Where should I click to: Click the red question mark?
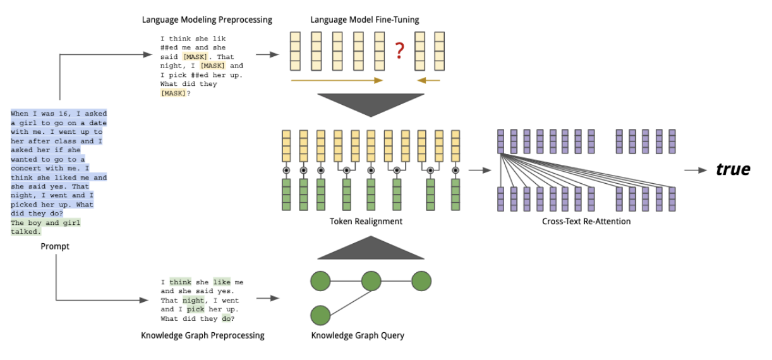tap(399, 51)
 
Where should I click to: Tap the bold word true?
tap(733, 169)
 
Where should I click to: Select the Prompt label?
tap(55, 246)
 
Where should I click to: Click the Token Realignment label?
tap(366, 221)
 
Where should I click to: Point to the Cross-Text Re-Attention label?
tap(586, 221)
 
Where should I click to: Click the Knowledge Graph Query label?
tap(358, 335)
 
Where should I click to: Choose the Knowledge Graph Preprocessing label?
tap(203, 335)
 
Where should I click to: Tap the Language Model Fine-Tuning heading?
tap(365, 20)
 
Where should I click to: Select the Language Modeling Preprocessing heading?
tap(207, 20)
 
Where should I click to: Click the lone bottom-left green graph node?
tap(320, 315)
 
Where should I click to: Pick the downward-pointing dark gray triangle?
tap(371, 105)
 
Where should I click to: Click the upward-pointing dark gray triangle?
tap(371, 248)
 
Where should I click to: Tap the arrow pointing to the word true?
tap(696, 170)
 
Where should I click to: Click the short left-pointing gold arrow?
tap(428, 80)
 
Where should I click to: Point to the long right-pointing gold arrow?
tap(337, 80)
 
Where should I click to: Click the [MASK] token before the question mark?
tap(173, 93)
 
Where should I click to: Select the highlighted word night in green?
tap(193, 301)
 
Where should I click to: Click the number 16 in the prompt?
tap(63, 113)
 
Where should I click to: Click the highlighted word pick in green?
tap(195, 309)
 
